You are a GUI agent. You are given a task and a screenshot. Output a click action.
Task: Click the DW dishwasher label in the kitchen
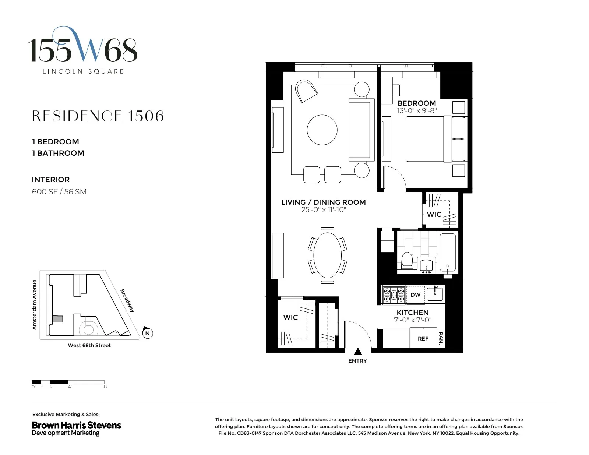tap(415, 295)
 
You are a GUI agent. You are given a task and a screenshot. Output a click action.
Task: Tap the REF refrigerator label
tap(423, 339)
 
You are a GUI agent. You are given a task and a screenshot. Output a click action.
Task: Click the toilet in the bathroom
tap(407, 260)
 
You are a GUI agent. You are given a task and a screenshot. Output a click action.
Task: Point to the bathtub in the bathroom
tap(448, 253)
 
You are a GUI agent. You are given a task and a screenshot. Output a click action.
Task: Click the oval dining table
tap(327, 255)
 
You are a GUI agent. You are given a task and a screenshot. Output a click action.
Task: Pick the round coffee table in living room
tap(322, 130)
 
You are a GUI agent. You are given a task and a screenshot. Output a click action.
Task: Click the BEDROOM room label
tap(416, 103)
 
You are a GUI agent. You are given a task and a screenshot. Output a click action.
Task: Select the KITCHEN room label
tap(412, 313)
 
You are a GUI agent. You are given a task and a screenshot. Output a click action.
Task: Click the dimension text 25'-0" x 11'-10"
tap(324, 210)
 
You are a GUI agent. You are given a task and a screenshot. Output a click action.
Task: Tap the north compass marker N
tap(147, 334)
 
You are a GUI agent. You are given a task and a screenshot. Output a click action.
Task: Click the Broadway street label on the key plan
tap(127, 300)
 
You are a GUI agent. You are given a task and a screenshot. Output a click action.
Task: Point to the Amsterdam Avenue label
tap(35, 304)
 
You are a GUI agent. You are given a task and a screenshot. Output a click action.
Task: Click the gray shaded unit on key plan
tap(57, 319)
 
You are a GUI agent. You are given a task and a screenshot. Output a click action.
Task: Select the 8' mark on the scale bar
tap(106, 387)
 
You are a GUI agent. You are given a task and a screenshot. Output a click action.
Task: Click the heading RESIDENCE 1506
tap(98, 116)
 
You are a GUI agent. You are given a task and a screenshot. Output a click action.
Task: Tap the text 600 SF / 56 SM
tap(59, 192)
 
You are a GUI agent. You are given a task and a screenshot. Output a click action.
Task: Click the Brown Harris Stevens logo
tap(77, 428)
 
